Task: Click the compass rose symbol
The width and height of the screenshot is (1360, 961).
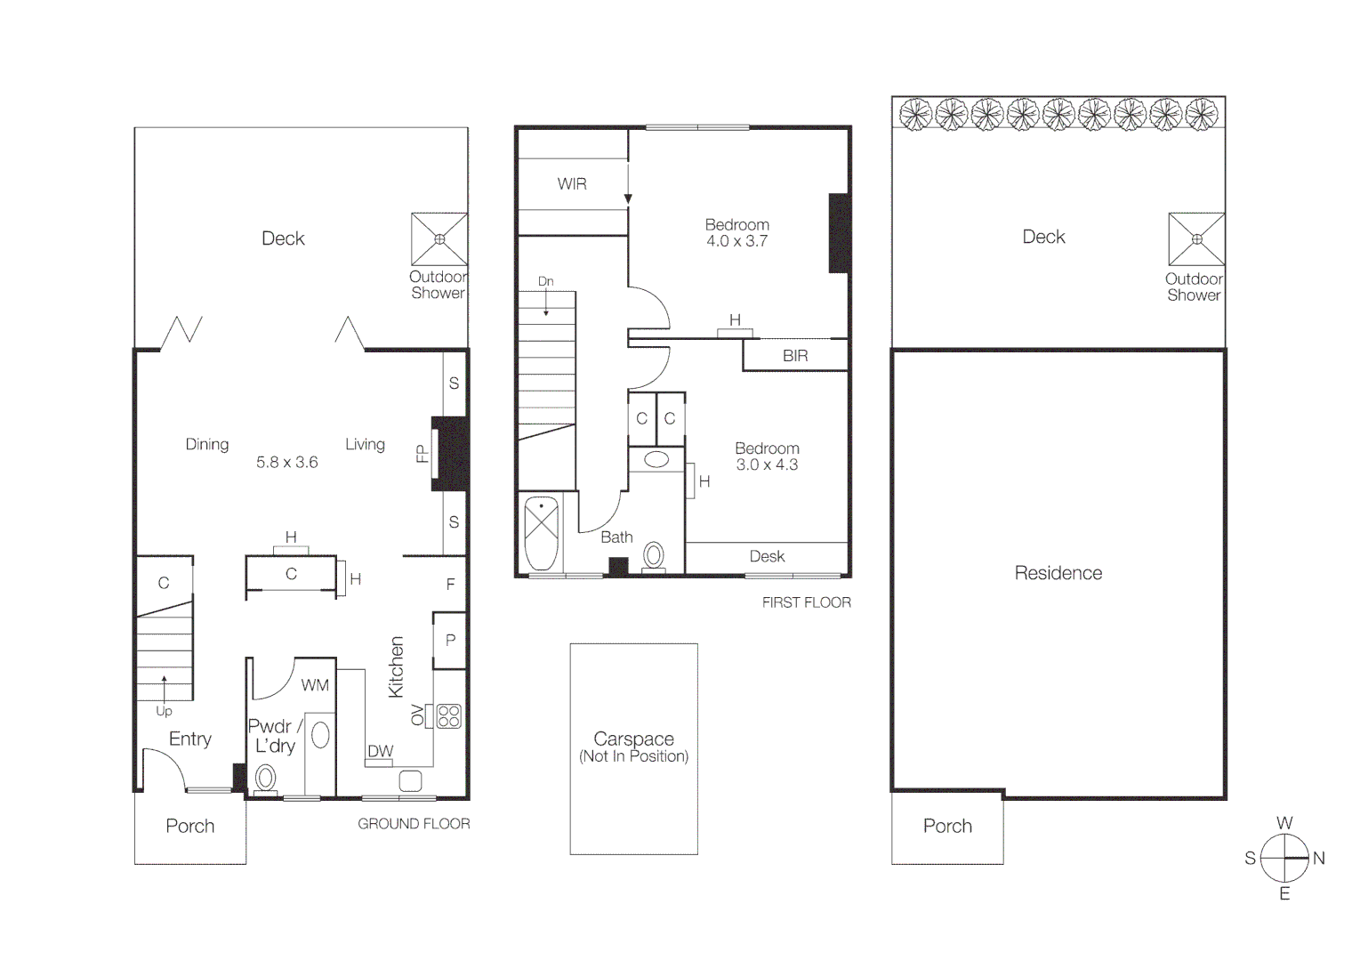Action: [x=1284, y=858]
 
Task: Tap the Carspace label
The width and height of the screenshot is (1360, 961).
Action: [x=633, y=739]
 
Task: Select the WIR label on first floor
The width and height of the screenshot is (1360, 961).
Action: [x=572, y=184]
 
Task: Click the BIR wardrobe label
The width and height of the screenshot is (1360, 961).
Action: [x=795, y=356]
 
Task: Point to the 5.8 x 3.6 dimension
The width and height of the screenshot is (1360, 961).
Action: [x=286, y=463]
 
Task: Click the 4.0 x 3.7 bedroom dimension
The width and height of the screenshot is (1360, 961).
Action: [x=736, y=241]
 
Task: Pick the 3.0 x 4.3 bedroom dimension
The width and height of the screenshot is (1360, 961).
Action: [x=767, y=464]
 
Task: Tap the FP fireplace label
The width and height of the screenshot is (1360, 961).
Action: [x=422, y=454]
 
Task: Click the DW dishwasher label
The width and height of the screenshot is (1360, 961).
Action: [x=381, y=751]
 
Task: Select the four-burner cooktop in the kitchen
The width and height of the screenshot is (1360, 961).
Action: [x=449, y=716]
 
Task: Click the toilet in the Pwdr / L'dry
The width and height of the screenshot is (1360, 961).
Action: [x=265, y=779]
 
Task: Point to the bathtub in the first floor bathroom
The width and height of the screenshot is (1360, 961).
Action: [x=541, y=534]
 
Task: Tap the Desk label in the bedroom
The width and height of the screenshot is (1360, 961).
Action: [x=767, y=556]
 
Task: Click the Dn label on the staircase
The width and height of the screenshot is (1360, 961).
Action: [x=545, y=281]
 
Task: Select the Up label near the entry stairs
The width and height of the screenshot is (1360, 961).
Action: [x=164, y=711]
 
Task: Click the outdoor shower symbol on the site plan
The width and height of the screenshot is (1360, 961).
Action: [x=1196, y=238]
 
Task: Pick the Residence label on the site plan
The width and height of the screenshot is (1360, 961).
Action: [x=1058, y=573]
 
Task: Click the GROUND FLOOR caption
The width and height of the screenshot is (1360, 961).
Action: [x=414, y=824]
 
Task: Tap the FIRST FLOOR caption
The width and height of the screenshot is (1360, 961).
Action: [x=806, y=602]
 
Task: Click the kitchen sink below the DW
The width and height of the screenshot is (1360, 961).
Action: [x=410, y=781]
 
